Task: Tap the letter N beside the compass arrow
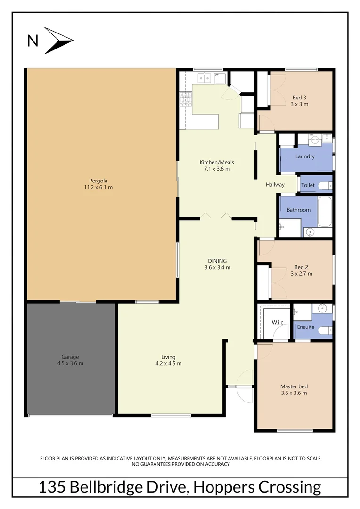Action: point(33,41)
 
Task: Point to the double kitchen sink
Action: point(204,77)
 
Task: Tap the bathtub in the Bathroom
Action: point(325,212)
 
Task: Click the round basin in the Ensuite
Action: point(323,309)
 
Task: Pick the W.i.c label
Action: point(277,323)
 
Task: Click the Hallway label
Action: point(275,185)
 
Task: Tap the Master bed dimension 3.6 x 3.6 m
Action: point(294,393)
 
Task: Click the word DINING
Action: point(217,261)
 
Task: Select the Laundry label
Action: point(305,156)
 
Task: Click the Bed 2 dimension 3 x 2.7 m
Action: point(301,273)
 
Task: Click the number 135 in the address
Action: point(52,487)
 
